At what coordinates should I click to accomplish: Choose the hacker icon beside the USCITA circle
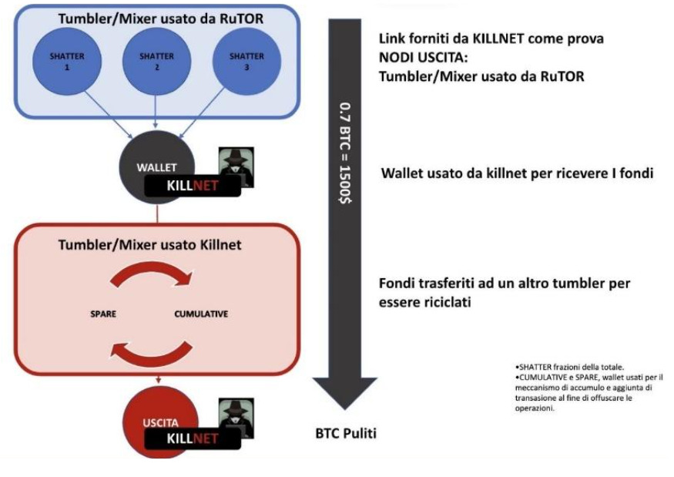pos(235,416)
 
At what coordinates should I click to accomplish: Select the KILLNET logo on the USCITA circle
pos(193,438)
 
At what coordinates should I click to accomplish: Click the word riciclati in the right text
pos(444,302)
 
